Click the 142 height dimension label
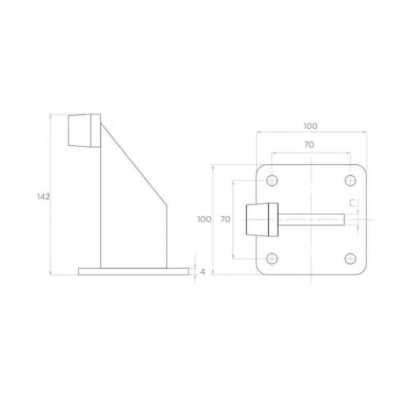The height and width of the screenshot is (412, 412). tap(43, 196)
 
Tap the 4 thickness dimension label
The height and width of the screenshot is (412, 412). tap(202, 271)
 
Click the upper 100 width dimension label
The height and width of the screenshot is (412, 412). tap(310, 126)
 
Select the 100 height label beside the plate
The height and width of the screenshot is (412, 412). tap(204, 219)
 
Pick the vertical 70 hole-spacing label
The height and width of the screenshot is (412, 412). tap(225, 219)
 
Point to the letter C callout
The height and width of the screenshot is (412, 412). tap(351, 203)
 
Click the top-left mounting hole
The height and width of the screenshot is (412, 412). tap(272, 180)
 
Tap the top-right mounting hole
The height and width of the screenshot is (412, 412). tap(350, 180)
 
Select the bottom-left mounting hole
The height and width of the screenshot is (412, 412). tap(272, 259)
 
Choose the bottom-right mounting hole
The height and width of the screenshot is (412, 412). tap(350, 259)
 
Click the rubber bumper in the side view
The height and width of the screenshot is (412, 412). tap(83, 131)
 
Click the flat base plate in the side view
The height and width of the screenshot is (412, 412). tap(133, 271)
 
